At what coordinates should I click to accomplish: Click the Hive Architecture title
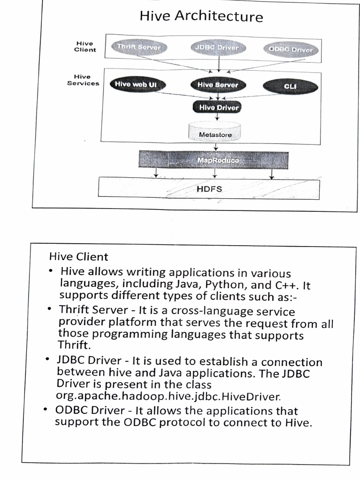tap(201, 17)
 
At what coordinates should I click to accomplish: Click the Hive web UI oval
tap(136, 84)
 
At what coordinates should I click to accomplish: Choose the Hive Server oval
tap(217, 85)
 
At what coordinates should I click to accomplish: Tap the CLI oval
tap(290, 86)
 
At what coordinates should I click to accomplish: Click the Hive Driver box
tap(217, 107)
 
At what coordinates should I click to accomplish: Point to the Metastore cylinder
tap(215, 133)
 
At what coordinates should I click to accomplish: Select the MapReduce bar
tap(215, 160)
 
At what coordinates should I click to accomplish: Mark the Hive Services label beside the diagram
tap(83, 80)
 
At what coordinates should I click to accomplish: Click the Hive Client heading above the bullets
tap(79, 257)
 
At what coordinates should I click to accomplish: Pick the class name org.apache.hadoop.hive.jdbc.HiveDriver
tap(168, 396)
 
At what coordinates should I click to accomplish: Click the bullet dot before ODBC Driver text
tap(45, 410)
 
